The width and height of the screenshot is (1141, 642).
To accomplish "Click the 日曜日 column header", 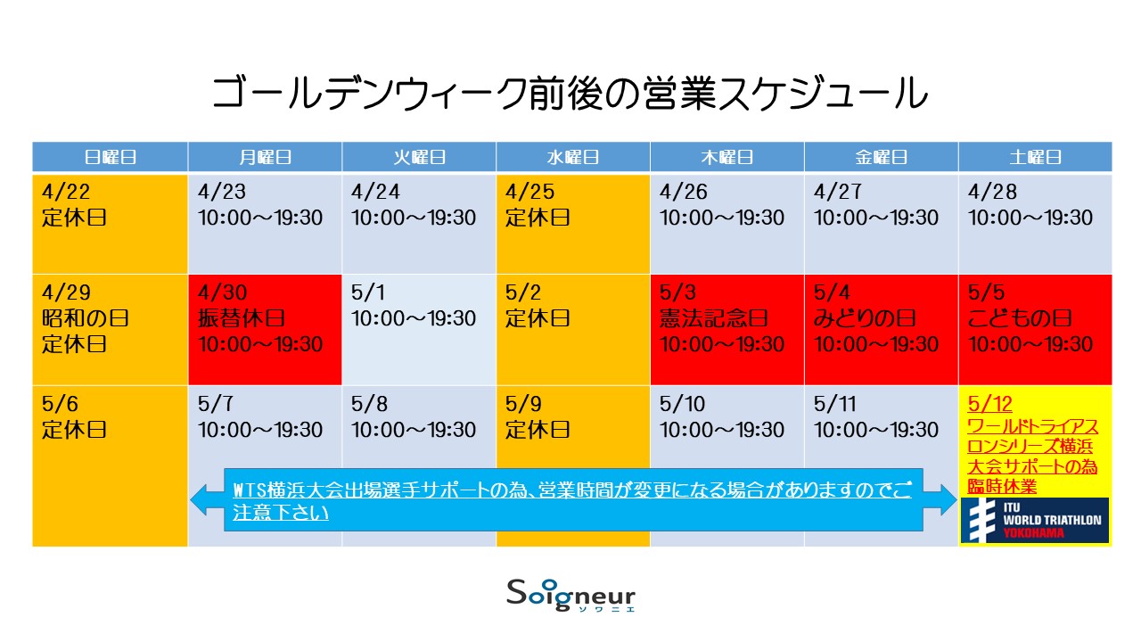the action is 110,157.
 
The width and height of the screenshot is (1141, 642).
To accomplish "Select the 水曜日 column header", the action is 572,157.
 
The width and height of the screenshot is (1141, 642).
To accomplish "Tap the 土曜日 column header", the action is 1035,157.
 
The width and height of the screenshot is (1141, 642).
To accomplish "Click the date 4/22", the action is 66,192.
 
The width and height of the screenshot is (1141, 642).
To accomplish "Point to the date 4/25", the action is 529,192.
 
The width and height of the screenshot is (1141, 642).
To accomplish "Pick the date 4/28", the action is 992,192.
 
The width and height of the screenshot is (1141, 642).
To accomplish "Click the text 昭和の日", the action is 85,318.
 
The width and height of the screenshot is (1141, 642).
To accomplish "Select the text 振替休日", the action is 241,318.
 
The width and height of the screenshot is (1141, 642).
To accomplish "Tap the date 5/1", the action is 368,292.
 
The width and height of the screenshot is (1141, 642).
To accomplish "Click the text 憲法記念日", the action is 714,318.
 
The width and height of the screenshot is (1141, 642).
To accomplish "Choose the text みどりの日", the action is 865,318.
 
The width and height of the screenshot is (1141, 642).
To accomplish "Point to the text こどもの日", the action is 1020,318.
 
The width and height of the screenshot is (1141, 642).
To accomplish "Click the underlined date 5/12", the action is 989,404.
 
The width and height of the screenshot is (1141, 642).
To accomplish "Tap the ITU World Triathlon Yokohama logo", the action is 1035,521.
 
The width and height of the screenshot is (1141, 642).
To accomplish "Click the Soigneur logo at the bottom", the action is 571,595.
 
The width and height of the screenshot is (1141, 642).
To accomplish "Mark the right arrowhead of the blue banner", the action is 940,500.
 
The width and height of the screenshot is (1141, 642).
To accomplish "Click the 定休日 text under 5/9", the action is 538,430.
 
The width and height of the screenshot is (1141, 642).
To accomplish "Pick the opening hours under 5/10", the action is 722,430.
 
